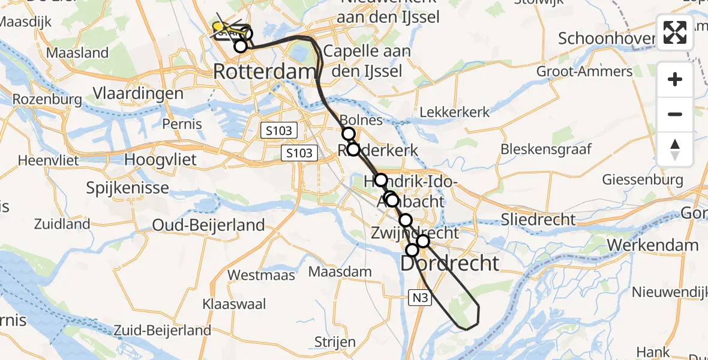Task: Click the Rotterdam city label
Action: (264, 72)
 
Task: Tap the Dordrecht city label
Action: (450, 263)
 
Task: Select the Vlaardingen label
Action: (138, 94)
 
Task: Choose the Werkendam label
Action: (653, 245)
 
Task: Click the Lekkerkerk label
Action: (454, 112)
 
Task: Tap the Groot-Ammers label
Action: (584, 72)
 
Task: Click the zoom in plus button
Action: (675, 79)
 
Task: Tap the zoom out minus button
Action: (675, 114)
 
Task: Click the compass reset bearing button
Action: (675, 149)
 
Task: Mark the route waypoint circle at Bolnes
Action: (348, 134)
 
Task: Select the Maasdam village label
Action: (340, 272)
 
